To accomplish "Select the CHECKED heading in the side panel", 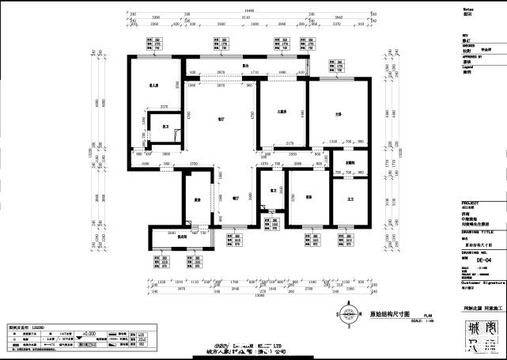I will pos(469,45).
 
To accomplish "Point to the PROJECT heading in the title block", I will pos(471,203).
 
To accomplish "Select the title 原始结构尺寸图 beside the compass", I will pos(380,313).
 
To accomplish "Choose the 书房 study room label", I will pos(308,197).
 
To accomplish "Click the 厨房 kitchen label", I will pos(195,199).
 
